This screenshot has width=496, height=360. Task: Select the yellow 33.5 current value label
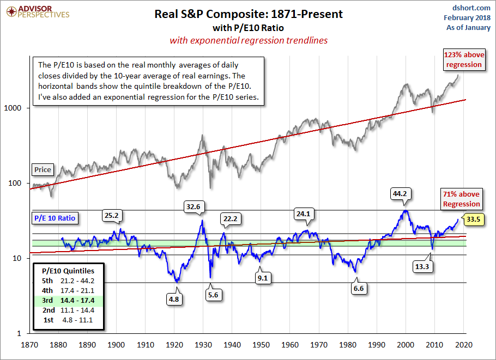click(474, 220)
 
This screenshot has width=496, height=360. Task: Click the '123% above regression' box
click(464, 60)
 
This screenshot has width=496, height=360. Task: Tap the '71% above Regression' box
click(461, 199)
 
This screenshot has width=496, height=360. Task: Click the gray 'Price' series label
click(43, 169)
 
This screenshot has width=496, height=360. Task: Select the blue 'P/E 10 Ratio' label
click(54, 218)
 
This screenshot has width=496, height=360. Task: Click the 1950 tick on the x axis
click(261, 345)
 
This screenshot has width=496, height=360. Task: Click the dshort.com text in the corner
click(472, 8)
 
